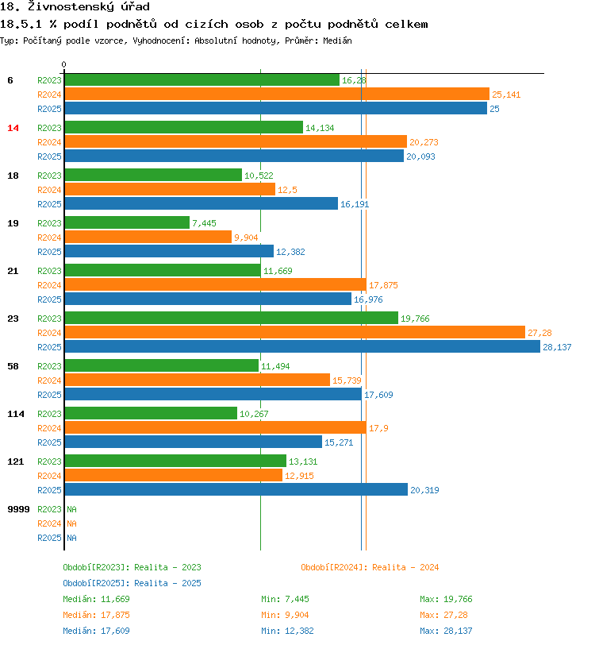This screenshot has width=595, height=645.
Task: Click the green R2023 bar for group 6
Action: [x=202, y=80]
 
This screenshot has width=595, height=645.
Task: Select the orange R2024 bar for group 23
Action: [x=294, y=332]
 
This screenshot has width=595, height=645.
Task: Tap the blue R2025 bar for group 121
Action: [x=236, y=489]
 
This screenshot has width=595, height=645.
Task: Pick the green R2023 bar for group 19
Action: [x=127, y=222]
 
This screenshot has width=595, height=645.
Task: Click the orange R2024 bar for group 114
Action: [x=215, y=427]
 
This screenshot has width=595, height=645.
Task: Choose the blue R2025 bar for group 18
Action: [x=201, y=203]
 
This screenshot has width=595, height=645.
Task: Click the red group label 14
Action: [x=13, y=128]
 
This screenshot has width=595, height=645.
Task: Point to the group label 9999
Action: [x=18, y=509]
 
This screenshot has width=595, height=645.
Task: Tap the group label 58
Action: [x=13, y=366]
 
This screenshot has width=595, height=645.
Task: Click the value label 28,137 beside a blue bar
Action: [x=557, y=347]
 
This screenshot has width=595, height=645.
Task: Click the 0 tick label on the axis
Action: [x=64, y=64]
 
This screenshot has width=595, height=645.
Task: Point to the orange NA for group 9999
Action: [x=71, y=523]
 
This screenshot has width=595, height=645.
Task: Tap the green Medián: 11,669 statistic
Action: [x=96, y=599]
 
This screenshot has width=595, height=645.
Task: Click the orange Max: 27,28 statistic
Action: [x=444, y=615]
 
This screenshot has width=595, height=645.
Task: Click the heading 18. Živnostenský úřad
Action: [x=76, y=7]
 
